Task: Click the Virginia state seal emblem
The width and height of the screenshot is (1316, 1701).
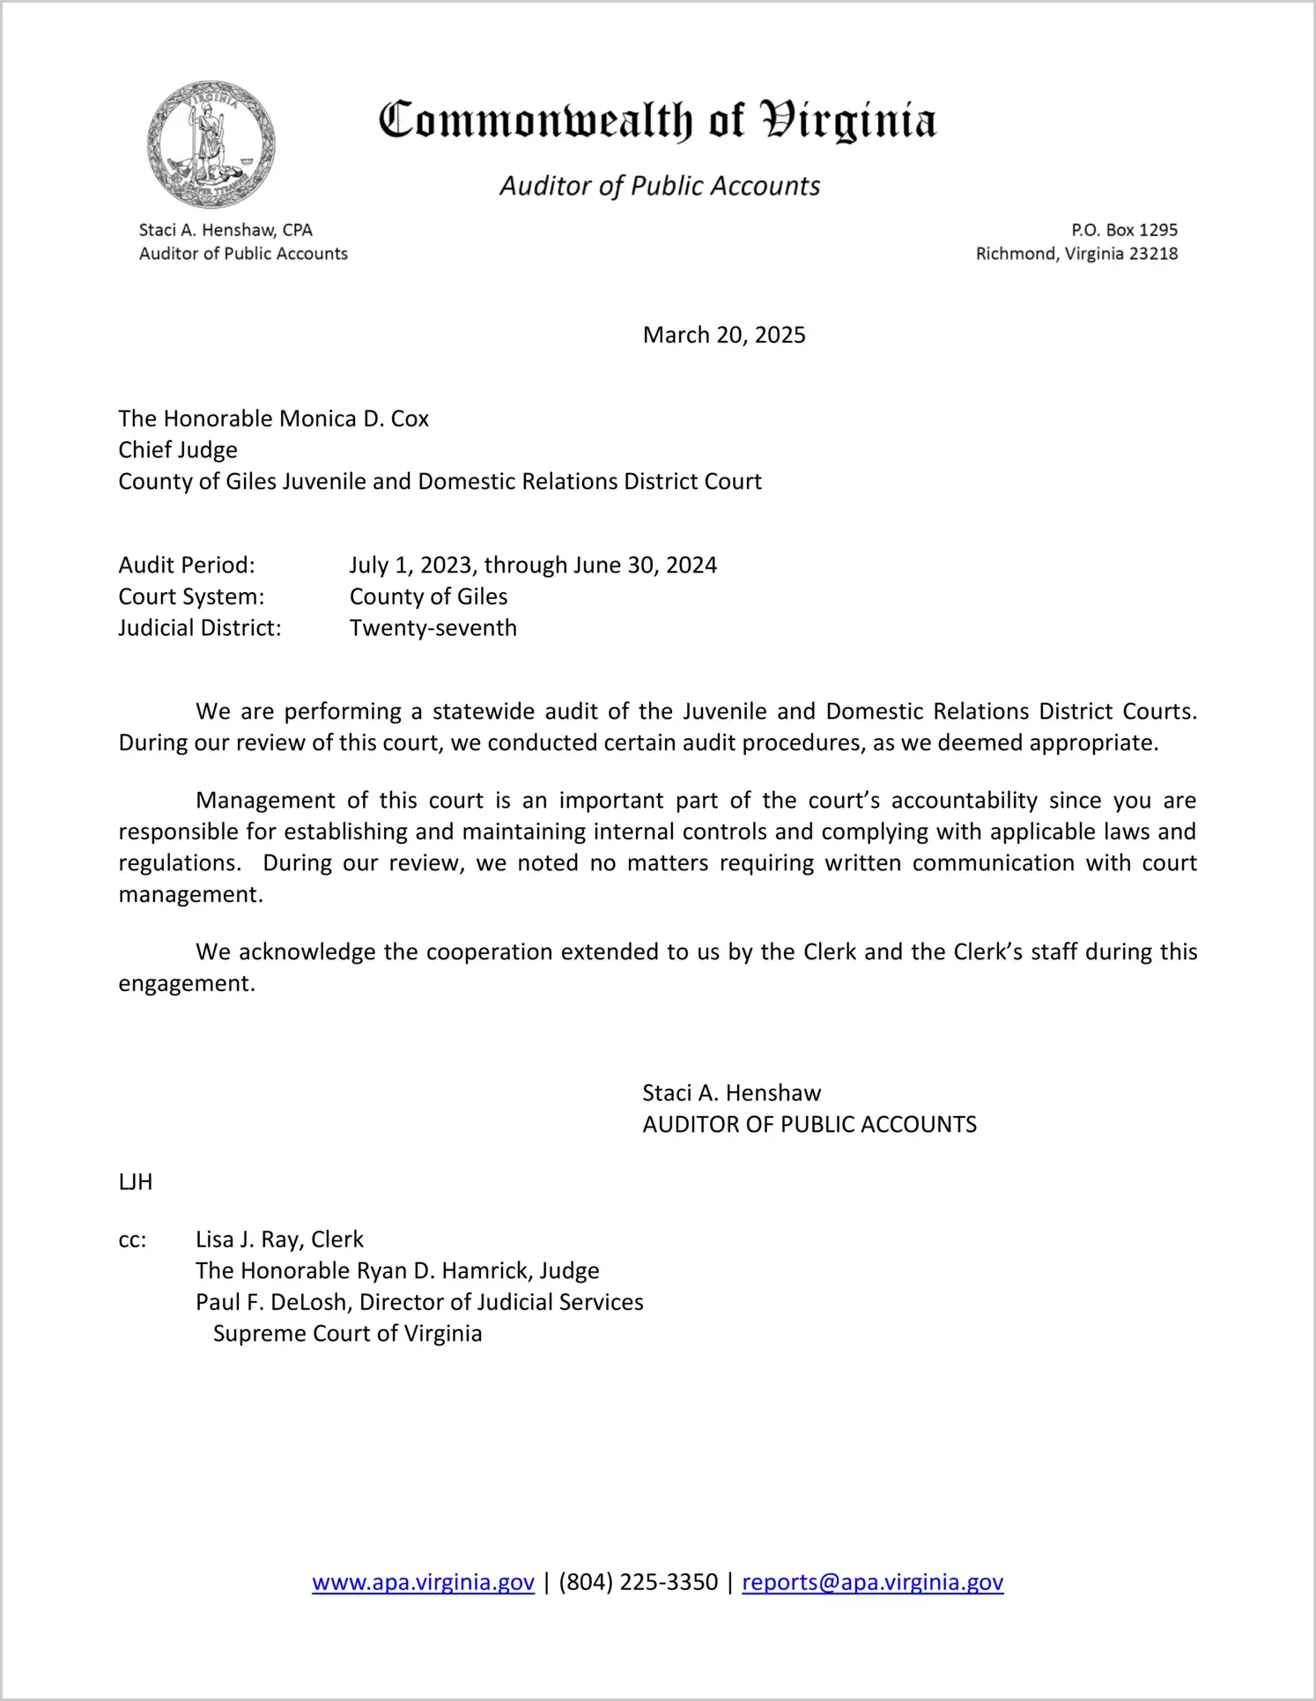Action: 211,144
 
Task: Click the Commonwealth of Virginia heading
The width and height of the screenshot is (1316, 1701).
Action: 657,121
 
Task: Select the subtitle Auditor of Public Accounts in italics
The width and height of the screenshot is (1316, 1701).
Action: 660,186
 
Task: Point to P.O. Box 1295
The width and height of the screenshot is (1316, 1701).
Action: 1124,230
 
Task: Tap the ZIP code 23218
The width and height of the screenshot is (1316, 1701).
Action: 1153,254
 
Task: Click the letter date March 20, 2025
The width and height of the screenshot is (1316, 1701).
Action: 724,335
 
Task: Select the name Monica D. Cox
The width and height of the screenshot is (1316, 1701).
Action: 353,418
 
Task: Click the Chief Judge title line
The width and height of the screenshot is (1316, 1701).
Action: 178,450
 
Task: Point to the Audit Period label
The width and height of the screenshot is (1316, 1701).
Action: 187,565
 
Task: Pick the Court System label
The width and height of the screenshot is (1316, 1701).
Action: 191,596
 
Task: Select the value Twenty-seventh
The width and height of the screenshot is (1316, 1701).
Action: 433,628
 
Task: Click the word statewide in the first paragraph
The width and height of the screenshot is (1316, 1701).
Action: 483,711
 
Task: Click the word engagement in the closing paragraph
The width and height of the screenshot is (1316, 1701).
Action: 186,983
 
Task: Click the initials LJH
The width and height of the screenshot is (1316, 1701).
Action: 136,1182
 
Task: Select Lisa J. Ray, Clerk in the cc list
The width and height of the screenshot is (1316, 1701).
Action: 279,1239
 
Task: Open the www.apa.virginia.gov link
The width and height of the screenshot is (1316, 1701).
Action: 423,1582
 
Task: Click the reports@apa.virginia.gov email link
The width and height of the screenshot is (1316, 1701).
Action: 872,1582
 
